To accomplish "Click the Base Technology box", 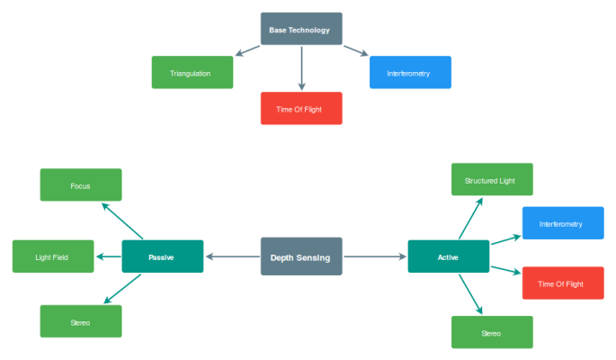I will tap(300, 29).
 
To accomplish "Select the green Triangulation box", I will tap(192, 73).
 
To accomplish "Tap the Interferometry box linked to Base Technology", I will tap(410, 73).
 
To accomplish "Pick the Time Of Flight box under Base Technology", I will tap(300, 109).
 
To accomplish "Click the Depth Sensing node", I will tap(300, 256).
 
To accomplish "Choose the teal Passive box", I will tap(162, 256).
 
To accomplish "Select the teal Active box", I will tap(448, 256).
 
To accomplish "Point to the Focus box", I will tap(80, 185).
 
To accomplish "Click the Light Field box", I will tap(52, 256).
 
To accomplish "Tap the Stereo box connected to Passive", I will tap(80, 320).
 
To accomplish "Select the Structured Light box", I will tap(491, 180).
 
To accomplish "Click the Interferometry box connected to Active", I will tap(562, 223).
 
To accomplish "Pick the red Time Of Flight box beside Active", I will tap(562, 283).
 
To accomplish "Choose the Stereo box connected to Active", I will tap(491, 332).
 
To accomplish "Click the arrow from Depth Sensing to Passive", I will tap(232, 256).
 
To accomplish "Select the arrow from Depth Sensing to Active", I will tap(375, 256).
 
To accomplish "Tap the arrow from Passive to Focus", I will tap(121, 220).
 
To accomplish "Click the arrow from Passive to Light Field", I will tap(109, 256).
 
